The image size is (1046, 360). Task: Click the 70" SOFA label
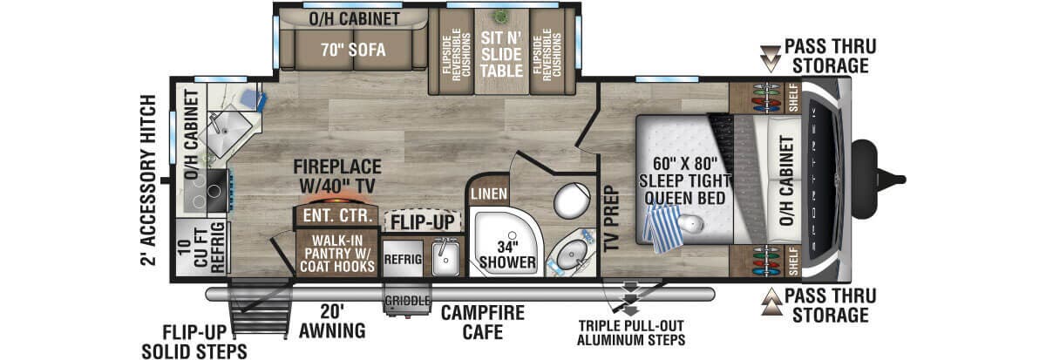coord(353,50)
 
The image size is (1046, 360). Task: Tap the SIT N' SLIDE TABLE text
coord(501,54)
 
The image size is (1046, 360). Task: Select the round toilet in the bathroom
coord(572,200)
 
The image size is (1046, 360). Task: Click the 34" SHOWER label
coord(507,255)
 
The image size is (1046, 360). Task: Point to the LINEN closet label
coord(489,194)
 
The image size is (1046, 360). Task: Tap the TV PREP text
coord(611,219)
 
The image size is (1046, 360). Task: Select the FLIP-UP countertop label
coord(422,222)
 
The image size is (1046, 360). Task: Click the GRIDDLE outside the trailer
coord(407,300)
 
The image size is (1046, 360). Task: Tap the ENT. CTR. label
coord(337,215)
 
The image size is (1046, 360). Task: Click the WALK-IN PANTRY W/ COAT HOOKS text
coord(337,254)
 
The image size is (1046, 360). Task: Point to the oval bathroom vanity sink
coord(571,254)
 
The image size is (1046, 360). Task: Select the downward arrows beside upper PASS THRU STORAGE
coord(770,58)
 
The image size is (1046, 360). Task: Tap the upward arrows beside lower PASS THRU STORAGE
coord(771,302)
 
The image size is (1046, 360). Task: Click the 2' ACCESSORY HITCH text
coord(148,180)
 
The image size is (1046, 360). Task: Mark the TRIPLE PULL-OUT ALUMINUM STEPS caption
coord(631,333)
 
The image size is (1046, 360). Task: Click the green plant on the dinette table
coord(500,17)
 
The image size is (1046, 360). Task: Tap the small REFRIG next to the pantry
coord(403,259)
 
